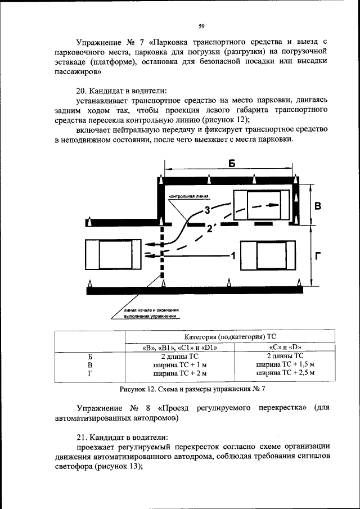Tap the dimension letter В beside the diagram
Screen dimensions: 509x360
tap(318, 206)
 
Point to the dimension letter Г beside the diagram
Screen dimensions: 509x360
tap(318, 256)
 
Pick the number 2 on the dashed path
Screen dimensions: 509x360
tap(209, 229)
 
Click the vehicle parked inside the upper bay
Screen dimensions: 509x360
tap(261, 206)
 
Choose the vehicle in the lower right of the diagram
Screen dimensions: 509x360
tap(267, 256)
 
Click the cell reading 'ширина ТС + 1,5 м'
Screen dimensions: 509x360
tap(285, 364)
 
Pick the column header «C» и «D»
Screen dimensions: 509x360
tap(285, 348)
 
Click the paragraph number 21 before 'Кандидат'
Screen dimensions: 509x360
tap(80, 437)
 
